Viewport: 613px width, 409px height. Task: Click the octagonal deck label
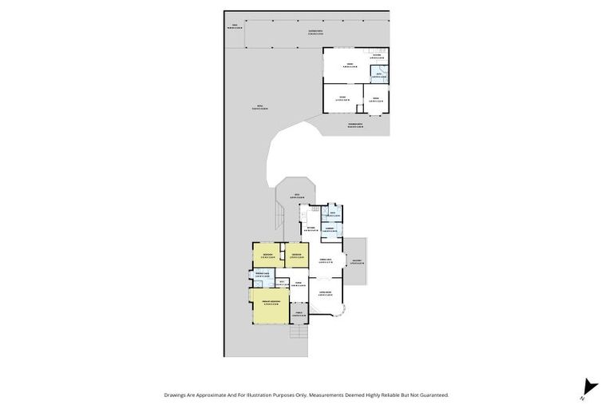click(295, 196)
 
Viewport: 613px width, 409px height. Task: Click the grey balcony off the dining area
click(356, 262)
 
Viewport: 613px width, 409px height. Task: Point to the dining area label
click(326, 260)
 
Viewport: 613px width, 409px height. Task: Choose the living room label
click(326, 294)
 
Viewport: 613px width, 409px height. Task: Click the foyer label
click(299, 284)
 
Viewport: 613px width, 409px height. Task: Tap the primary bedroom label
click(270, 303)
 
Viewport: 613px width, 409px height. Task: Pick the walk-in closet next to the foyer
click(281, 282)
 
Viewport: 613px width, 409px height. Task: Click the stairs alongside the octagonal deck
click(279, 214)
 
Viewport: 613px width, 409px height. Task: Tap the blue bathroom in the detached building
click(378, 75)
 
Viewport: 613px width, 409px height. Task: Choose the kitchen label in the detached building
click(376, 55)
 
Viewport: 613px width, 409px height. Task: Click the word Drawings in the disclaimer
click(177, 395)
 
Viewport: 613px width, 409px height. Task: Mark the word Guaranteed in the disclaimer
click(431, 395)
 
